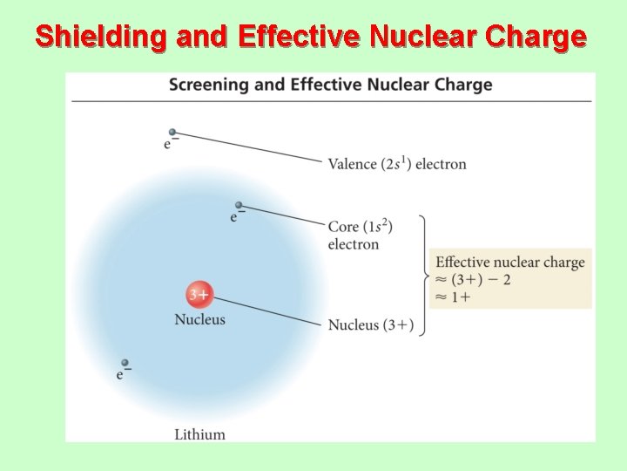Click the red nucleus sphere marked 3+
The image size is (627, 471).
(x=199, y=295)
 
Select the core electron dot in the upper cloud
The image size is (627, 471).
(x=238, y=205)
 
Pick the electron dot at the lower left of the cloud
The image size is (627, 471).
(x=125, y=363)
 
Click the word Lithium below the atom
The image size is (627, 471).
(x=199, y=433)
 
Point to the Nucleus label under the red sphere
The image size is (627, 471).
(x=199, y=319)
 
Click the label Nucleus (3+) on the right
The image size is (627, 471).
(x=370, y=325)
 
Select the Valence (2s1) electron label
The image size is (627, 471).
(x=396, y=164)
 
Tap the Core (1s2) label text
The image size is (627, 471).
(x=360, y=227)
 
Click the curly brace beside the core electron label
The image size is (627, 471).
(x=423, y=276)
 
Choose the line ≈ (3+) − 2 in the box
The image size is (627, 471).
(x=473, y=280)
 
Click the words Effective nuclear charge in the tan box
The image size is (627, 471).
(x=509, y=263)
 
